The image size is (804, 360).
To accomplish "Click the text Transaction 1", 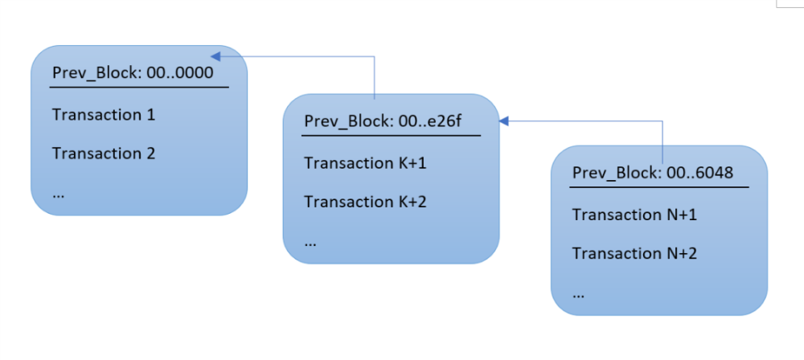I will click(104, 115).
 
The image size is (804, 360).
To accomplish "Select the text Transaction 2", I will click(104, 153).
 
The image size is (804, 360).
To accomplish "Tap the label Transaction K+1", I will click(365, 163).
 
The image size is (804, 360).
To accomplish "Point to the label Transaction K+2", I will click(365, 202).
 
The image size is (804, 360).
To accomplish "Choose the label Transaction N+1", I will click(634, 215).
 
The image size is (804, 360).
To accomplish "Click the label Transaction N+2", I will click(634, 253).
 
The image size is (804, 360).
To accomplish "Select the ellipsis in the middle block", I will click(310, 242).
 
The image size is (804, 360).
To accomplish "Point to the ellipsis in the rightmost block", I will click(578, 293).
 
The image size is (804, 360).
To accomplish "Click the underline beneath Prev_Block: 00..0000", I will click(140, 86).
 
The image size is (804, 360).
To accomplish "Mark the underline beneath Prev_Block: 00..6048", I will click(659, 186).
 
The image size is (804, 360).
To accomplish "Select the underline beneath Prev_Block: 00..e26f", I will click(391, 135).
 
